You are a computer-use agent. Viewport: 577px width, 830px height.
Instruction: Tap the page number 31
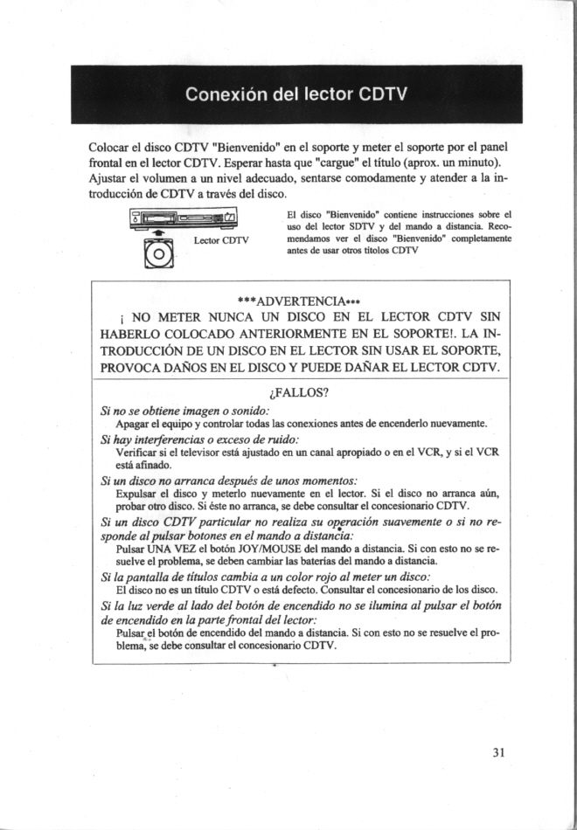click(x=499, y=751)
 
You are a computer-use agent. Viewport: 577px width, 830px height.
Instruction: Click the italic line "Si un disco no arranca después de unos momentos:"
click(x=230, y=480)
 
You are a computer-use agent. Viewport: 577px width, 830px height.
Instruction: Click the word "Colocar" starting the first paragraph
click(x=109, y=146)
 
